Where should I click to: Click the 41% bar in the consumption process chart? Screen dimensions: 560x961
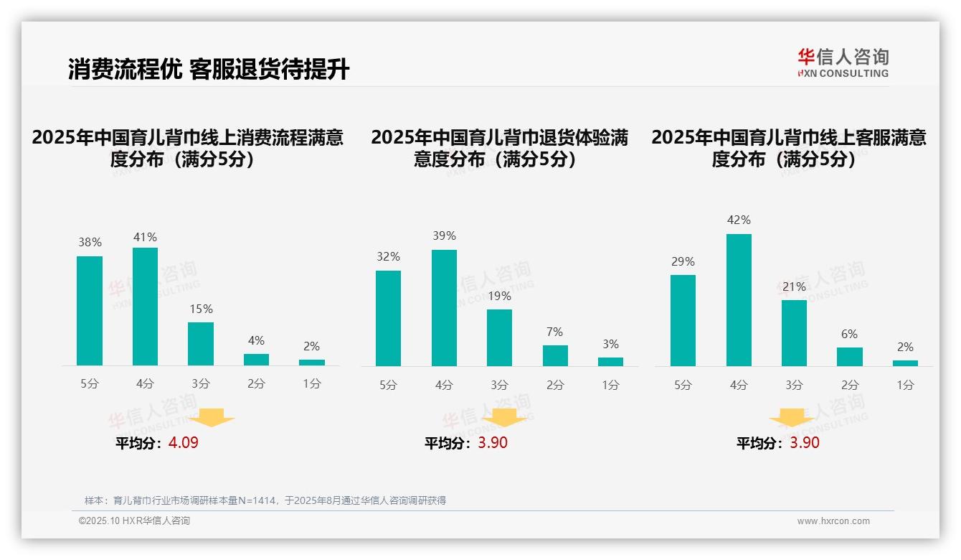point(145,307)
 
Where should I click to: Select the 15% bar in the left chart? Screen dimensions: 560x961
point(201,344)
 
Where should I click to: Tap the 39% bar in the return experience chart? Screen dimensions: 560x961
point(444,308)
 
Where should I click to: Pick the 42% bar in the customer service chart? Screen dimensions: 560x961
point(739,300)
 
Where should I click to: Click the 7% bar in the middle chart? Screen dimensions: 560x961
point(555,355)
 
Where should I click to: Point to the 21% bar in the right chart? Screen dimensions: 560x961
point(794,333)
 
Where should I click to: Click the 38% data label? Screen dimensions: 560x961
point(90,243)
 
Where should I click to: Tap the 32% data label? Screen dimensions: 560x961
point(388,257)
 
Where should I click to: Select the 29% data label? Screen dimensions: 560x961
point(683,262)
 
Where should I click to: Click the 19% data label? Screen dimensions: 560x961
point(500,296)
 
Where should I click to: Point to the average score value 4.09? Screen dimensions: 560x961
point(184,443)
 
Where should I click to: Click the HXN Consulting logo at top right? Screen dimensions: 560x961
point(843,63)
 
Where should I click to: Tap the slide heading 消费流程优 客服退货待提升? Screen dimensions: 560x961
point(209,70)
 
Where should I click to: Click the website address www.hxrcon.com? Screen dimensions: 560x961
point(833,521)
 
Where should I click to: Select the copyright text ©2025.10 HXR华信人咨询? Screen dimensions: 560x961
point(135,521)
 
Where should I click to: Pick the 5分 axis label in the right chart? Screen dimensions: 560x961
point(683,386)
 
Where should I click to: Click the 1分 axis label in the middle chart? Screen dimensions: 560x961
point(610,386)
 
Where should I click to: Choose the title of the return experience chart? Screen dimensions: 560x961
point(499,148)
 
